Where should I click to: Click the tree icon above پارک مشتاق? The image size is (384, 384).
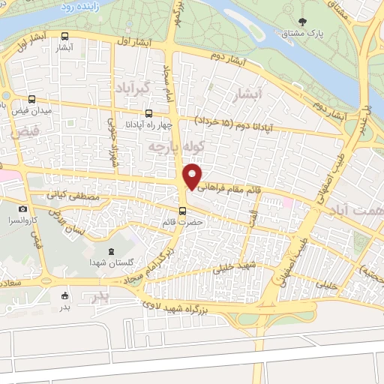coord(302,22)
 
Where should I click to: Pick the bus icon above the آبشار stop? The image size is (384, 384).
coord(64,36)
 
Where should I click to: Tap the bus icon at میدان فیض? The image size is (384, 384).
coord(31,99)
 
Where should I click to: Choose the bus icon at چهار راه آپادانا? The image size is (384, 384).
coord(148,113)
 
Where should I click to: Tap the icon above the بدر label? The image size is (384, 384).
coord(64,295)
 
